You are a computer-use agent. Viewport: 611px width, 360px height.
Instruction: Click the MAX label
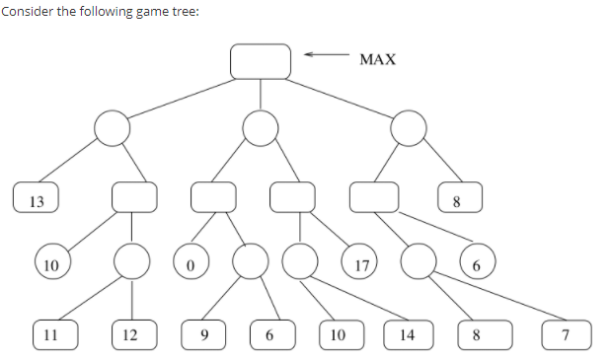click(378, 60)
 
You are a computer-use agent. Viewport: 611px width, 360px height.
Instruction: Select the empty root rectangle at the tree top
click(261, 60)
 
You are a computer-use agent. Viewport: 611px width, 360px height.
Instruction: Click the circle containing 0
click(191, 263)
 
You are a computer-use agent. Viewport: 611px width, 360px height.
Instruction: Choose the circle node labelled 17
click(361, 263)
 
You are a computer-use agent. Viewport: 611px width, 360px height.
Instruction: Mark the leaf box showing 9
click(205, 333)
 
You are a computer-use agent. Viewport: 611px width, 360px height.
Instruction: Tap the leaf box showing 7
click(566, 333)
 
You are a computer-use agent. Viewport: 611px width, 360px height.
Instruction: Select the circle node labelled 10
click(51, 263)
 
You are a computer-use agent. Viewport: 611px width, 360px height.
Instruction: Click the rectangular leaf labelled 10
click(339, 333)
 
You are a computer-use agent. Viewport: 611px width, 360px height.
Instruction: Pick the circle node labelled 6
click(476, 263)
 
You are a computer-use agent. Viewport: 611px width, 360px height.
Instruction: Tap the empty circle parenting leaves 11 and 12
click(131, 263)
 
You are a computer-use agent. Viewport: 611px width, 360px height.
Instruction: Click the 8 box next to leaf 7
click(477, 333)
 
